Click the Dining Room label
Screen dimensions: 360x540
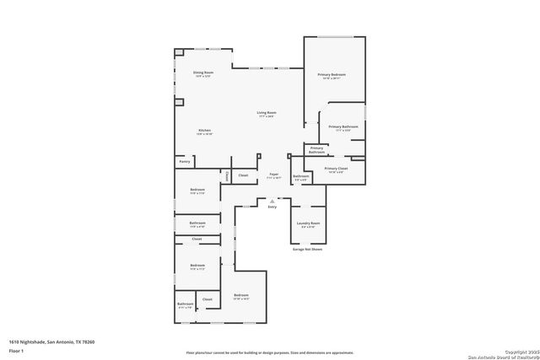click(202, 73)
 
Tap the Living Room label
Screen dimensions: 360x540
click(267, 112)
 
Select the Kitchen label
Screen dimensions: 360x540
click(204, 130)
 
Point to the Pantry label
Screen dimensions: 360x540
click(184, 161)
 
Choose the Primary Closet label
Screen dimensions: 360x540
click(335, 169)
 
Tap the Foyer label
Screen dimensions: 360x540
click(274, 175)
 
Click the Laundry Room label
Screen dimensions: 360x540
click(309, 223)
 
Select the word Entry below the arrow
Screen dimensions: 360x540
click(272, 207)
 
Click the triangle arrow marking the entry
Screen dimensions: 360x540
click(272, 201)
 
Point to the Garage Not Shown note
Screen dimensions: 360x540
click(308, 250)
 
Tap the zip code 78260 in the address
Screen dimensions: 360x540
click(87, 341)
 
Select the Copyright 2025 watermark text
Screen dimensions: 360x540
click(511, 351)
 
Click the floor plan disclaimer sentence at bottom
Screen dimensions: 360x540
click(270, 352)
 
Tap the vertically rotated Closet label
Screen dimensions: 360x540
click(227, 175)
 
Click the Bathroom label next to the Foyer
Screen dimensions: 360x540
click(301, 176)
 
